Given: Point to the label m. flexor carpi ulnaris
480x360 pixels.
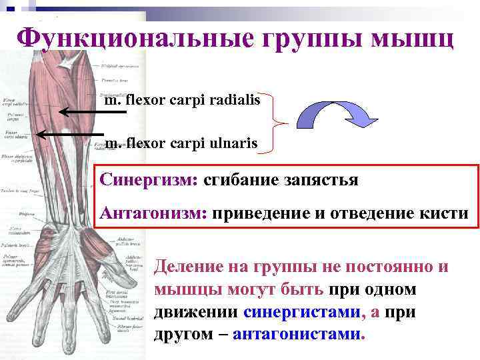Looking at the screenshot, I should (x=182, y=143).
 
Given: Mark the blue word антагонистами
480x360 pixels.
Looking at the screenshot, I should (x=299, y=333).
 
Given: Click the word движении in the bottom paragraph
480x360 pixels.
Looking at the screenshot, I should (x=196, y=311).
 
